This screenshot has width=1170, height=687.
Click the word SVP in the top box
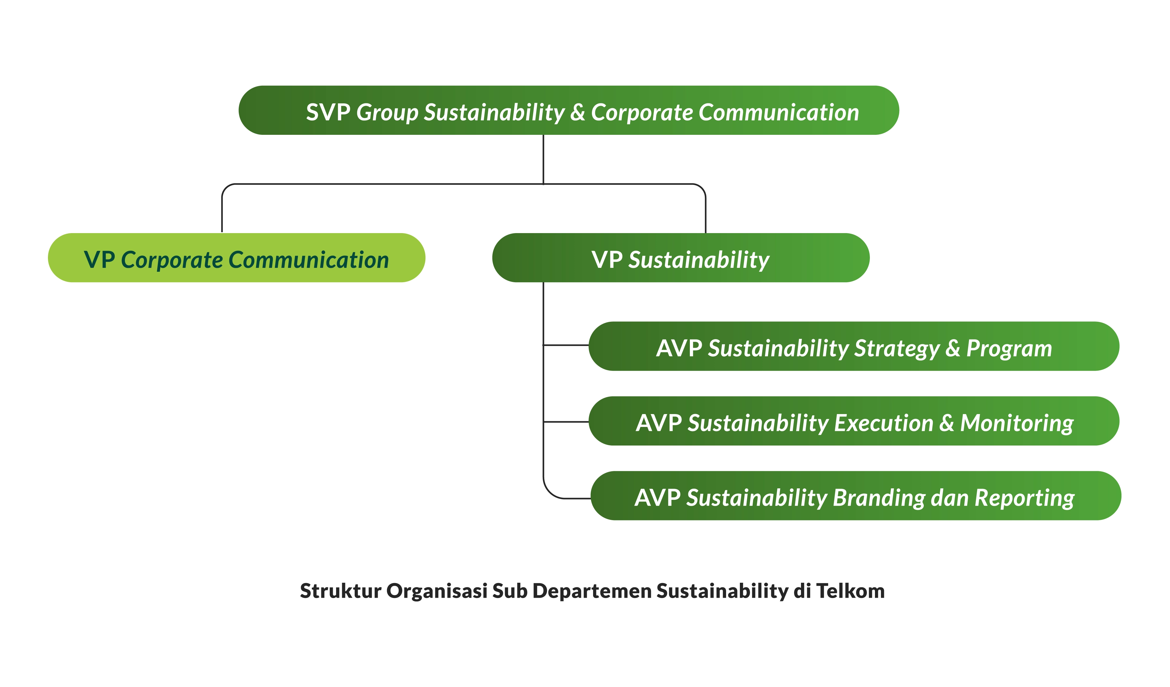click(328, 112)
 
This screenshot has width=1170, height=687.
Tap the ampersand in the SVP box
click(578, 112)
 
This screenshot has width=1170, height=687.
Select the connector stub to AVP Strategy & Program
click(566, 345)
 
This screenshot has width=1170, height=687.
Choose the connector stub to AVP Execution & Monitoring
click(566, 422)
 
